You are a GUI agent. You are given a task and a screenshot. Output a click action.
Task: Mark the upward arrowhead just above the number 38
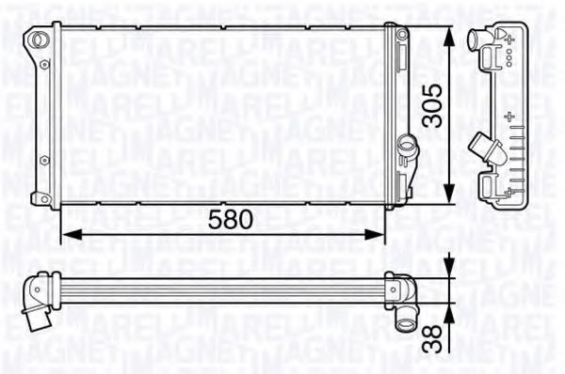[x=447, y=309]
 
